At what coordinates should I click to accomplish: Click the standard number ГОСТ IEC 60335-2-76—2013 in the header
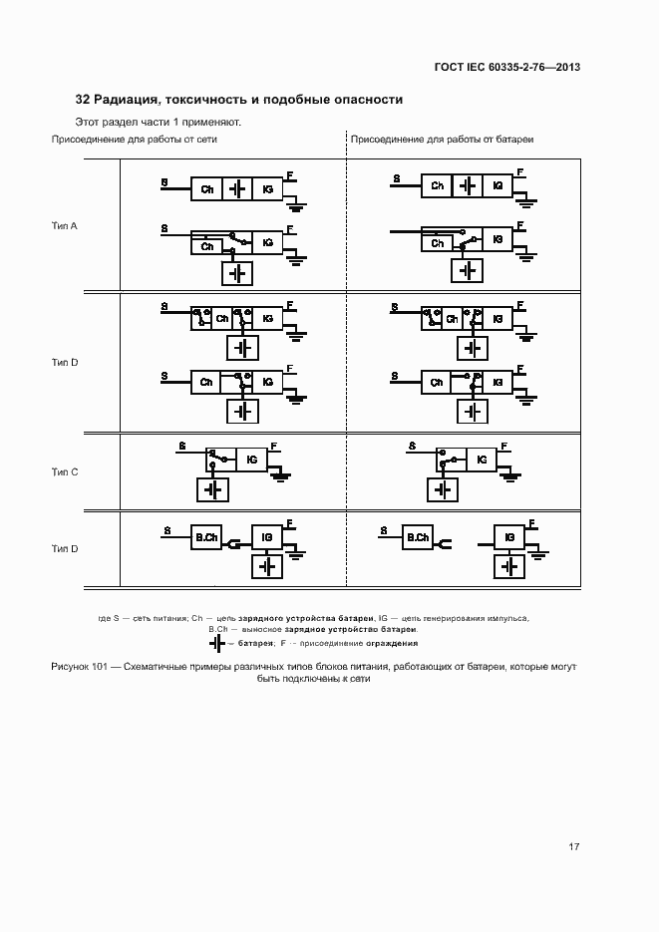pyautogui.click(x=506, y=67)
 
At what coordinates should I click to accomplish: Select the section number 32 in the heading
pyautogui.click(x=83, y=100)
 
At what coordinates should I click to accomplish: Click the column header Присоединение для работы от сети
pyautogui.click(x=135, y=140)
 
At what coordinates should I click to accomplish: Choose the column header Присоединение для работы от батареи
pyautogui.click(x=441, y=140)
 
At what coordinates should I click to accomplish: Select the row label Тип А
pyautogui.click(x=65, y=225)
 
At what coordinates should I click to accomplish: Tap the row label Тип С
pyautogui.click(x=65, y=471)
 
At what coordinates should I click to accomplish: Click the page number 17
pyautogui.click(x=573, y=847)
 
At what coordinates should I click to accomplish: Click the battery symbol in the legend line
pyautogui.click(x=216, y=644)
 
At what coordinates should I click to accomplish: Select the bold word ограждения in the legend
pyautogui.click(x=390, y=644)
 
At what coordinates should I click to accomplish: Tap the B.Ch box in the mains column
pyautogui.click(x=206, y=538)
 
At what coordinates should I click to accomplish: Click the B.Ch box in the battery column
pyautogui.click(x=418, y=538)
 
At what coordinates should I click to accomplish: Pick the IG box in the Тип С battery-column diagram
pyautogui.click(x=482, y=460)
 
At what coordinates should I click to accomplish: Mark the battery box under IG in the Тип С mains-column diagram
pyautogui.click(x=212, y=489)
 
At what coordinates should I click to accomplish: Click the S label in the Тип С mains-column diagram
pyautogui.click(x=181, y=446)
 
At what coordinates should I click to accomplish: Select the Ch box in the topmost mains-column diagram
pyautogui.click(x=206, y=188)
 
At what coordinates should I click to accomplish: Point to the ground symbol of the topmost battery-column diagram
pyautogui.click(x=526, y=203)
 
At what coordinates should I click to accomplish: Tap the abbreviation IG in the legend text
pyautogui.click(x=383, y=618)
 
